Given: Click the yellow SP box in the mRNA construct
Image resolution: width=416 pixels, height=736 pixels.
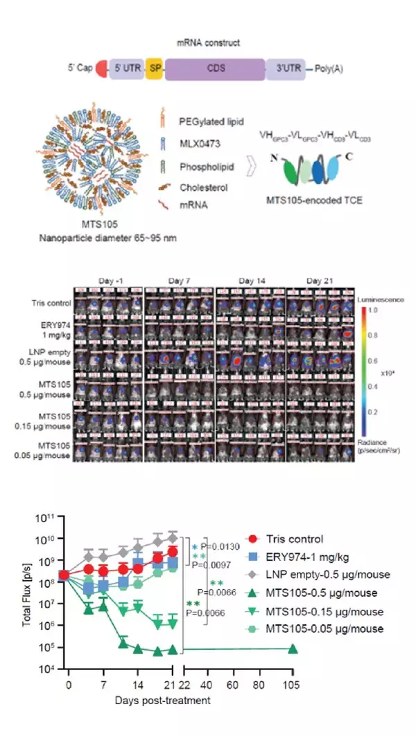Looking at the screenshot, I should (155, 69).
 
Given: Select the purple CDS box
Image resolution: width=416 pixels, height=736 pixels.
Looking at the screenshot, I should (215, 69).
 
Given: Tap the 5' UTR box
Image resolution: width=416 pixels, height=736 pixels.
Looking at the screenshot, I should (126, 69).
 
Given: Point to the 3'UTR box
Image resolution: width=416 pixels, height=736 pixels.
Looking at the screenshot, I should (285, 69).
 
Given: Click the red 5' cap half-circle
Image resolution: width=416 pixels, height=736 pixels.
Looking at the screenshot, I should (101, 69).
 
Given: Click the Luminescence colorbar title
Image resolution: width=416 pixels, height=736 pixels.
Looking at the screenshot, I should (382, 299).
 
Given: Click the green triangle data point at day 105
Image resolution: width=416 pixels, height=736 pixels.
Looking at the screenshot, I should (293, 649).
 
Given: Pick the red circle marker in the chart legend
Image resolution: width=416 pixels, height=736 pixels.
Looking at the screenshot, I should (254, 539).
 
